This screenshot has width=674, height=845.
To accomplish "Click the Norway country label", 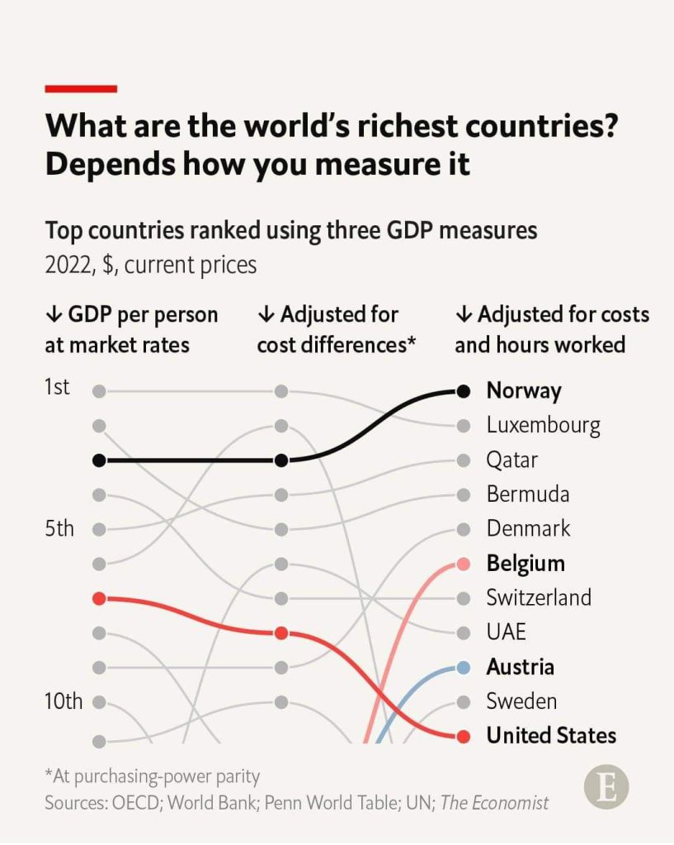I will [x=524, y=390].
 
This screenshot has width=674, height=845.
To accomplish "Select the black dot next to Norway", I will [x=464, y=391].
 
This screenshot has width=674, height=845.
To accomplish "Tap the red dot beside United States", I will [x=464, y=736].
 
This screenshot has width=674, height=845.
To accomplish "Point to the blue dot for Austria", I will [x=464, y=667].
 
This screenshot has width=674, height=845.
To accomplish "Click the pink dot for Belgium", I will [x=464, y=564].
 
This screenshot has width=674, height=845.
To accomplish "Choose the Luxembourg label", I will [x=543, y=425].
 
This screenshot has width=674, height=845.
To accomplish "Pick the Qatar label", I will [x=511, y=460].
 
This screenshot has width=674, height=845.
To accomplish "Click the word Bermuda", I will [x=528, y=494].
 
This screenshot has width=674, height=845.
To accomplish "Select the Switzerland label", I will [x=539, y=597].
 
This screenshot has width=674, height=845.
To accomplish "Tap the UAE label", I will [x=506, y=632].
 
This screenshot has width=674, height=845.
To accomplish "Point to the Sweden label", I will [x=521, y=701].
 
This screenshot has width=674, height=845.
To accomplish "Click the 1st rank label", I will [x=57, y=387].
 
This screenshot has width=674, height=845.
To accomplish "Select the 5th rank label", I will [x=59, y=528].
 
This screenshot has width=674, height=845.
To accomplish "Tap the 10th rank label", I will [x=64, y=701].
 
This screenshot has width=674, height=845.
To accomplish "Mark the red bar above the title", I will [x=81, y=88].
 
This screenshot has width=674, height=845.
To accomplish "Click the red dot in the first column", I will [x=99, y=598].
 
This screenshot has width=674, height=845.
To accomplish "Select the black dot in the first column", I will [x=99, y=460].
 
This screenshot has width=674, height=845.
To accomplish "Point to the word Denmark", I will [x=528, y=528].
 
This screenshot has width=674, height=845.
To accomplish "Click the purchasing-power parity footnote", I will [x=153, y=777].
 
